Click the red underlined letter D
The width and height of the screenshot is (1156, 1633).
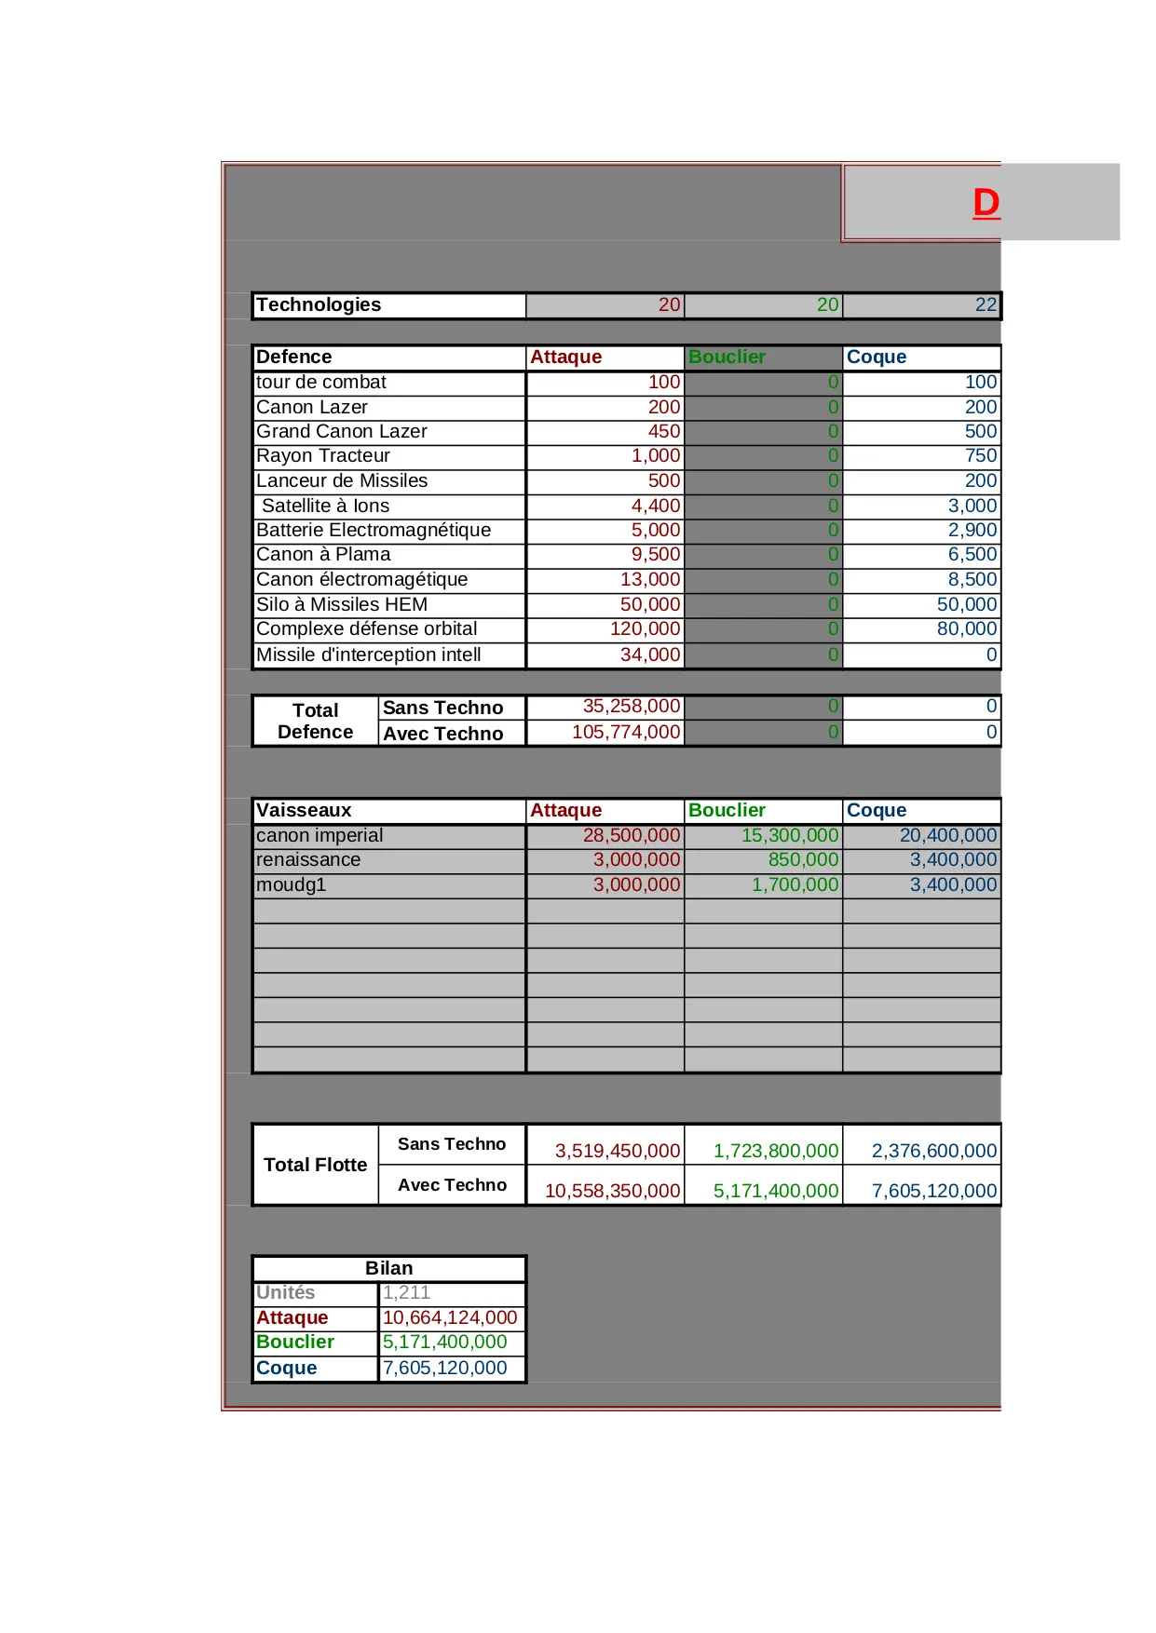click(986, 203)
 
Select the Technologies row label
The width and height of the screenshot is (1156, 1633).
click(319, 305)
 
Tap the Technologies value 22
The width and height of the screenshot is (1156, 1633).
click(986, 305)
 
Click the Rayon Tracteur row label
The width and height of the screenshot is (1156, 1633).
click(323, 456)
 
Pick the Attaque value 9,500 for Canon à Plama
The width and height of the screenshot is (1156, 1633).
click(656, 555)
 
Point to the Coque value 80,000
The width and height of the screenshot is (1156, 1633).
click(966, 629)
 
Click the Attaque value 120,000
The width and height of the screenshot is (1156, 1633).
click(645, 629)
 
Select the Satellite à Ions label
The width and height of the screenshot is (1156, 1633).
click(325, 506)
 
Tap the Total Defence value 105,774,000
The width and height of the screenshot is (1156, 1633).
click(626, 733)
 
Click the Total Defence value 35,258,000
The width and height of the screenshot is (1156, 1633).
click(631, 707)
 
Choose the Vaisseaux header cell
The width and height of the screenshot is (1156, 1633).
click(305, 811)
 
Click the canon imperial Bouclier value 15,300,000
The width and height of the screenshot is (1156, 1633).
click(789, 836)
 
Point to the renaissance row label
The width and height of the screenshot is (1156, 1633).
click(308, 860)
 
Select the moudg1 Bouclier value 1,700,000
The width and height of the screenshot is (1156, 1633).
click(795, 885)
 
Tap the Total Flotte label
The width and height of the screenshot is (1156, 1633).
click(315, 1165)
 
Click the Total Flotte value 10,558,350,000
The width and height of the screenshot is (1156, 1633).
click(612, 1191)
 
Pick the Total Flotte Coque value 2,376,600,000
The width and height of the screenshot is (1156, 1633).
click(933, 1151)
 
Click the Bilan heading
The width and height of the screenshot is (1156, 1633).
click(388, 1269)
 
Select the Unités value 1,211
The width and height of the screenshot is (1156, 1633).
click(406, 1293)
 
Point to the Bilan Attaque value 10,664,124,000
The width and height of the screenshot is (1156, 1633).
click(450, 1318)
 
